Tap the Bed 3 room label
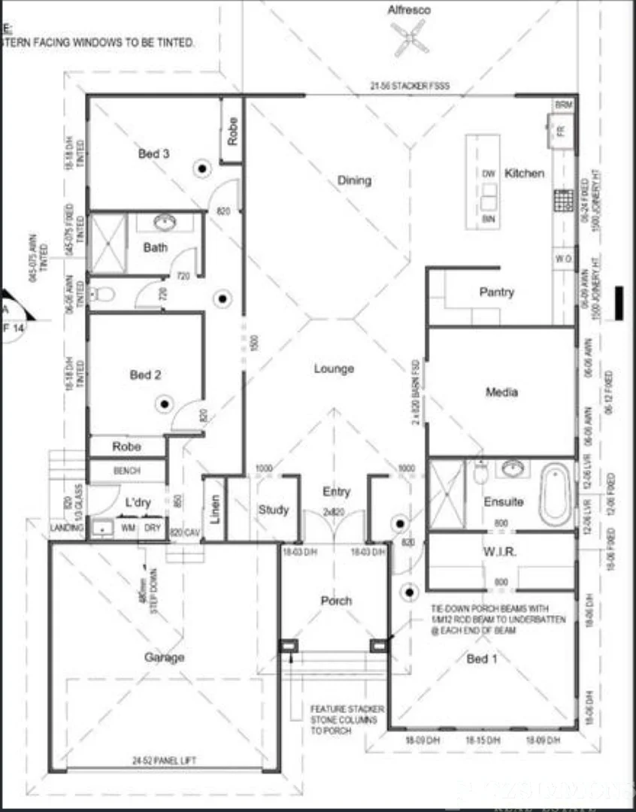click(153, 153)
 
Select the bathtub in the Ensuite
click(555, 493)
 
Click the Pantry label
click(496, 292)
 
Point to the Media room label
click(501, 392)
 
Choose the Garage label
click(164, 657)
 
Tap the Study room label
click(273, 509)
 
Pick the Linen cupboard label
click(214, 510)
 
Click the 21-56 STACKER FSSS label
click(410, 86)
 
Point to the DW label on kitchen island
click(489, 174)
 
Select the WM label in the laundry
click(128, 528)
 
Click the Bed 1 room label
click(482, 659)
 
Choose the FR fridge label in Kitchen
click(560, 130)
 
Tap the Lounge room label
click(334, 368)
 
